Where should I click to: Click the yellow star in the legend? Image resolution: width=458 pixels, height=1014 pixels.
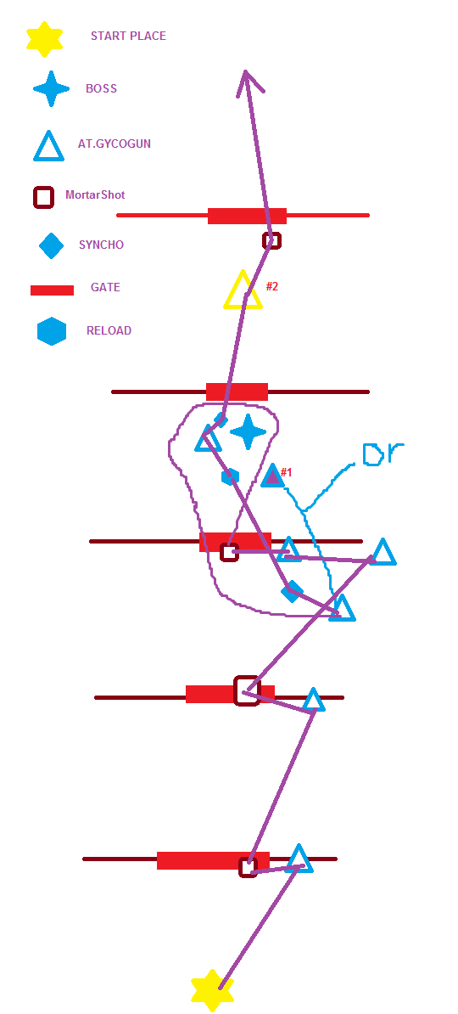pyautogui.click(x=45, y=39)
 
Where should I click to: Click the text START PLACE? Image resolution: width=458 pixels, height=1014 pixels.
pyautogui.click(x=128, y=37)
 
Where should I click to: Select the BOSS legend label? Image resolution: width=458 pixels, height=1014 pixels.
pyautogui.click(x=102, y=88)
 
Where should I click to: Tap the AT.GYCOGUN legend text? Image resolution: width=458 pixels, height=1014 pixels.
pyautogui.click(x=114, y=144)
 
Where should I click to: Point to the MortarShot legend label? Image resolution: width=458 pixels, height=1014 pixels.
pyautogui.click(x=95, y=194)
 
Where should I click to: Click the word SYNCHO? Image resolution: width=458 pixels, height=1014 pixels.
pyautogui.click(x=102, y=245)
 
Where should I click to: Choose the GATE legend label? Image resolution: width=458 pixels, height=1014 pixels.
pyautogui.click(x=105, y=287)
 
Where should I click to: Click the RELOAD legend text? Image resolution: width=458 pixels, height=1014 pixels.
pyautogui.click(x=109, y=330)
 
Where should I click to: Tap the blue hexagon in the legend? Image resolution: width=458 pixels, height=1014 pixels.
pyautogui.click(x=52, y=331)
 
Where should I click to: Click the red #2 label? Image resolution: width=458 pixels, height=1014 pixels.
pyautogui.click(x=272, y=286)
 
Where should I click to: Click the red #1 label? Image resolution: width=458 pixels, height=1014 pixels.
pyautogui.click(x=286, y=473)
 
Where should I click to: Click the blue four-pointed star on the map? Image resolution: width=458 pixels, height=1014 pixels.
pyautogui.click(x=248, y=432)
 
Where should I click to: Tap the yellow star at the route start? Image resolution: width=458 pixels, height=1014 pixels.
pyautogui.click(x=212, y=990)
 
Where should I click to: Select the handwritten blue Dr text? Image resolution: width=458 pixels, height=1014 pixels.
pyautogui.click(x=383, y=454)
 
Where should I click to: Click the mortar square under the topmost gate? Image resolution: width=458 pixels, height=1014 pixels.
pyautogui.click(x=272, y=240)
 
